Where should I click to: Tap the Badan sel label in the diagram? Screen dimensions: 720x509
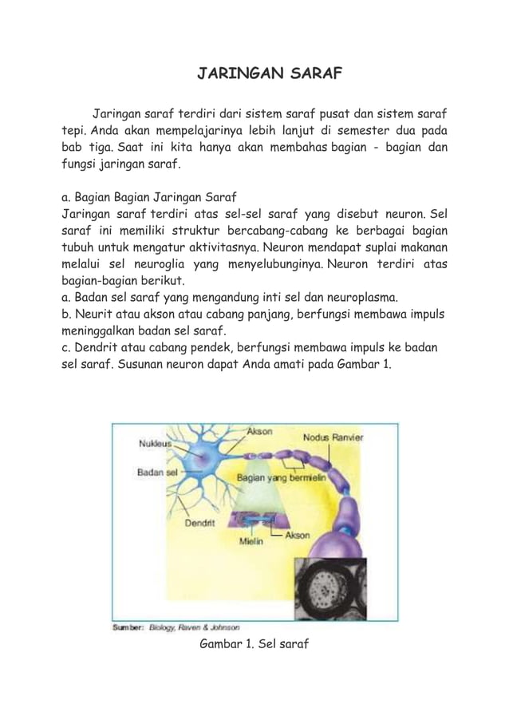pos(156,472)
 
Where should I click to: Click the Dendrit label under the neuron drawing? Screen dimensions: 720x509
pos(199,524)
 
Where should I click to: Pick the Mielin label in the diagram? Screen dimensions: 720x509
pos(252,540)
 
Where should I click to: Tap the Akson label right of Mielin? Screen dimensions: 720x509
pos(297,536)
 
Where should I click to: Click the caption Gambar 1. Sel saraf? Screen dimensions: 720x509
pos(254,643)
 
